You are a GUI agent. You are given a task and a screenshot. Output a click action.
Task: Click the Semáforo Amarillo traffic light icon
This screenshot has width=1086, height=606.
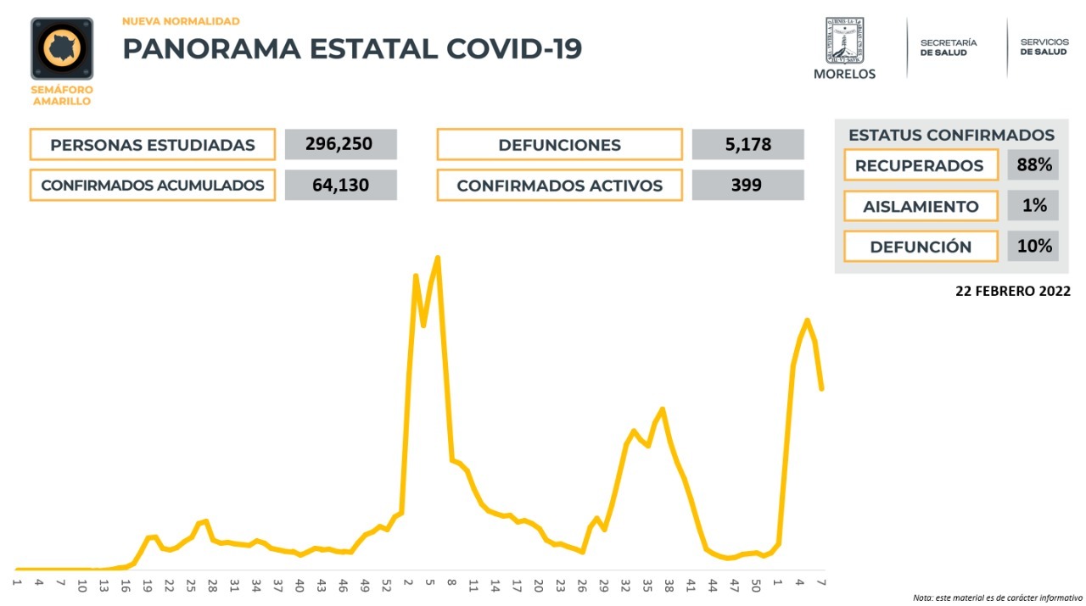click(x=62, y=49)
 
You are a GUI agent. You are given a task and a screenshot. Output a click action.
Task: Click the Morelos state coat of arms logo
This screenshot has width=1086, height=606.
click(x=844, y=41)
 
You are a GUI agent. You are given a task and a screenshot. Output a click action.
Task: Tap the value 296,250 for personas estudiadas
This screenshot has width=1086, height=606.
click(x=341, y=144)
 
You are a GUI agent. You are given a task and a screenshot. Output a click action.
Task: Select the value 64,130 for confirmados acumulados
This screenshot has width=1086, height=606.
click(x=341, y=185)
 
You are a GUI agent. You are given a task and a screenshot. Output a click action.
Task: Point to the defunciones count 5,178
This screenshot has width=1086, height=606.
click(x=747, y=144)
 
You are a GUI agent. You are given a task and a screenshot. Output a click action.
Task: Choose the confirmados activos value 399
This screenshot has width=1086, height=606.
click(x=747, y=185)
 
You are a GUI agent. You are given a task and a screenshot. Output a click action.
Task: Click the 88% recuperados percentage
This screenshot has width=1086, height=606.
click(x=1033, y=164)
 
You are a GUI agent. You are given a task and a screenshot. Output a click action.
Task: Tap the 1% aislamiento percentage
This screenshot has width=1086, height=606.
click(x=1033, y=205)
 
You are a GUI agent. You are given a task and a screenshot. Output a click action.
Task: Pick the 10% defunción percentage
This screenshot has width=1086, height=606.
click(x=1033, y=246)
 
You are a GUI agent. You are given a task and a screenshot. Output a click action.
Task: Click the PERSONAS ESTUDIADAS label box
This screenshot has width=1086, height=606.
click(x=153, y=145)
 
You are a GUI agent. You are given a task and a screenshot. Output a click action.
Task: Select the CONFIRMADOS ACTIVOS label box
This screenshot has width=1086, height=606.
click(x=559, y=186)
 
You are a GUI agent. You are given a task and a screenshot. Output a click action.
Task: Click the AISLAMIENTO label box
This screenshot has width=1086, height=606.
click(x=921, y=206)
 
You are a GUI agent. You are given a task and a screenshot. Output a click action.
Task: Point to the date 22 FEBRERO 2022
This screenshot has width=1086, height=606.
click(x=1012, y=291)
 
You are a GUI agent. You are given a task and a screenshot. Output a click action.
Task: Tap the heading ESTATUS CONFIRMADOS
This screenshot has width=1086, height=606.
click(x=951, y=135)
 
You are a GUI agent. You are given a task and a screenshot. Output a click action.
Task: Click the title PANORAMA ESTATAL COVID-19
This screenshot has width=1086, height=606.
click(x=352, y=48)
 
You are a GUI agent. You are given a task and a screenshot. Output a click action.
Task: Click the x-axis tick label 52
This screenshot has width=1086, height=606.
click(x=386, y=585)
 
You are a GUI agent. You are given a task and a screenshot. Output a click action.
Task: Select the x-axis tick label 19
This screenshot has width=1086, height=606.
click(x=147, y=585)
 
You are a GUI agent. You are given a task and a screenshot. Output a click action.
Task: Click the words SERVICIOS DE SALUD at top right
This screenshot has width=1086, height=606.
click(x=1044, y=47)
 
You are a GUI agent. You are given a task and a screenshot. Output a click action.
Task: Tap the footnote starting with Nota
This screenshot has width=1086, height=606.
click(x=998, y=598)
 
